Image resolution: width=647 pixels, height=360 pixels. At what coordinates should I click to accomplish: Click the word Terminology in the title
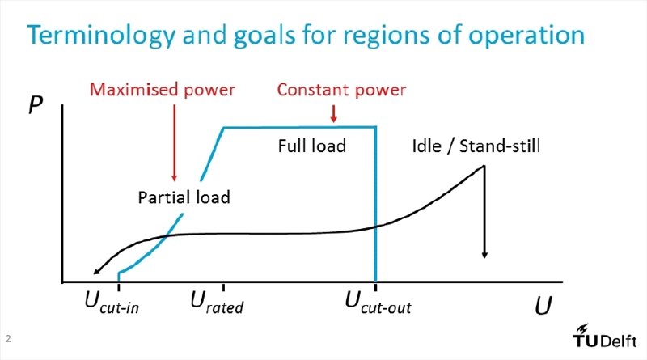pyautogui.click(x=101, y=36)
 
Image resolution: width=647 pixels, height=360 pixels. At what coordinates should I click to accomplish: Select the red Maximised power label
pyautogui.click(x=163, y=90)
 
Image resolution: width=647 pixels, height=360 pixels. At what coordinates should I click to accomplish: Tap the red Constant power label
pyautogui.click(x=341, y=90)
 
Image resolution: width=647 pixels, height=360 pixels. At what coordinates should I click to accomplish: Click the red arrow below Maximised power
pyautogui.click(x=174, y=143)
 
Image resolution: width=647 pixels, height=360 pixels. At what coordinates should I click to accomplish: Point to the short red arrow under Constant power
pyautogui.click(x=333, y=113)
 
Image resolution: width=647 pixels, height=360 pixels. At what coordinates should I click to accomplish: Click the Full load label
pyautogui.click(x=312, y=146)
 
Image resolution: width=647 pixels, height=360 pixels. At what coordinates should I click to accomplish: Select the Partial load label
pyautogui.click(x=184, y=197)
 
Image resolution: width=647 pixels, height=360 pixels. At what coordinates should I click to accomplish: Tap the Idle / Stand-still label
pyautogui.click(x=476, y=146)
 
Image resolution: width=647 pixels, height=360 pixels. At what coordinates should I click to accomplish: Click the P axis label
pyautogui.click(x=36, y=105)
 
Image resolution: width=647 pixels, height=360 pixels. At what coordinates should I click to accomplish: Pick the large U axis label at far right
pyautogui.click(x=543, y=306)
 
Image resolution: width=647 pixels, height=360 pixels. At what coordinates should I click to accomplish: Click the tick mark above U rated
pyautogui.click(x=223, y=287)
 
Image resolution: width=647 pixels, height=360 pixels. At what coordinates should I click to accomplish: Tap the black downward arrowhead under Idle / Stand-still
pyautogui.click(x=484, y=255)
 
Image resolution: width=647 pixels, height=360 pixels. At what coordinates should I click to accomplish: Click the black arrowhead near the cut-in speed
pyautogui.click(x=97, y=271)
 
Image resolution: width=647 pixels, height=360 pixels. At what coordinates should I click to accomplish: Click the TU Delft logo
pyautogui.click(x=604, y=336)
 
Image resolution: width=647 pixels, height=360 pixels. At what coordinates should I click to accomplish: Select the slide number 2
pyautogui.click(x=8, y=339)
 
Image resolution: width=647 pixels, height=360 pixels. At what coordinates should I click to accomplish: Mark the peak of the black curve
pyautogui.click(x=484, y=166)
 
